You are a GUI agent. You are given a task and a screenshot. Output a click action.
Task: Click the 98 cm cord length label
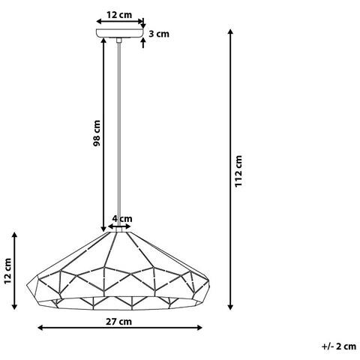pyautogui.click(x=97, y=133)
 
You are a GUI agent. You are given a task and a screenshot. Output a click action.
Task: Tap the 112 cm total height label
pyautogui.click(x=238, y=171)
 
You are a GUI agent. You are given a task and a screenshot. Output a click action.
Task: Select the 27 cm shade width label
pyautogui.click(x=118, y=322)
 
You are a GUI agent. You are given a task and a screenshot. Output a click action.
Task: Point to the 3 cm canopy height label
pyautogui.click(x=159, y=34)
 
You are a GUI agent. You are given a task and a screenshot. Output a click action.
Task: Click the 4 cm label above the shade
pyautogui.click(x=122, y=219)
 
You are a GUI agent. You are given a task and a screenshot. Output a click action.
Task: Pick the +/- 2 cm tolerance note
pyautogui.click(x=339, y=346)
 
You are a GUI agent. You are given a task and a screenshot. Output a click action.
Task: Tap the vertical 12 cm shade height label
pyautogui.click(x=7, y=271)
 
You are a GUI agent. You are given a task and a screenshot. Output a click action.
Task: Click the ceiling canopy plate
pyautogui.click(x=120, y=33)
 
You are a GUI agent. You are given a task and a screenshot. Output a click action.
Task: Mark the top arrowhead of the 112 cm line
pyautogui.click(x=231, y=31)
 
